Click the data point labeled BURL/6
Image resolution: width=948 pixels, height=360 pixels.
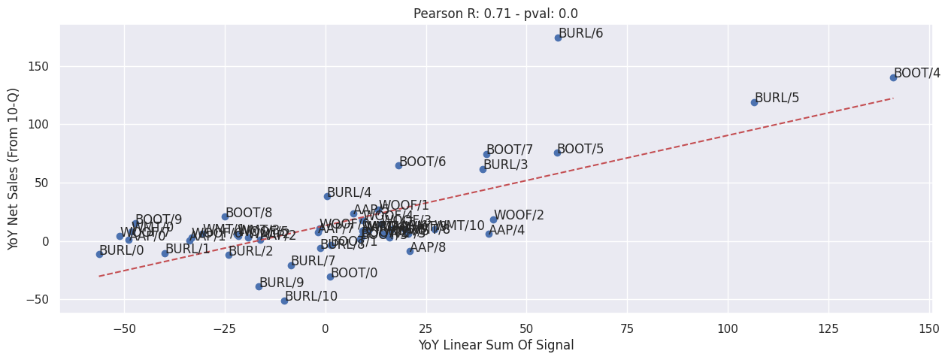(x=558, y=38)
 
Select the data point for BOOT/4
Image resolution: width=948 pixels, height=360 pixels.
(x=893, y=77)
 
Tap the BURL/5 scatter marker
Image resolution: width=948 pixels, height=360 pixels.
(x=754, y=102)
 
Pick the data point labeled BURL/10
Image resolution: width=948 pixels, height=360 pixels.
(x=284, y=301)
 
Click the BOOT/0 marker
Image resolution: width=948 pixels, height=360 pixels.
(x=330, y=277)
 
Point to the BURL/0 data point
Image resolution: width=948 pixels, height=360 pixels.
(x=99, y=254)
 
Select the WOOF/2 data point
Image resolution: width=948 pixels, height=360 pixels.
(x=493, y=219)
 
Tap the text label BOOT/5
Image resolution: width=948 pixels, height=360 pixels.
(x=580, y=149)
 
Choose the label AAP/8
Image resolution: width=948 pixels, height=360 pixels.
(x=428, y=247)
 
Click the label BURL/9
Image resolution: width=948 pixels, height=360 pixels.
(x=281, y=283)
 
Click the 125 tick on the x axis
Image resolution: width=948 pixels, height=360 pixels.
(x=828, y=328)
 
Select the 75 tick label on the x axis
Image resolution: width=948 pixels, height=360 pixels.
(x=627, y=328)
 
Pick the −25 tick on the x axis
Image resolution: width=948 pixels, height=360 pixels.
(x=223, y=328)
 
